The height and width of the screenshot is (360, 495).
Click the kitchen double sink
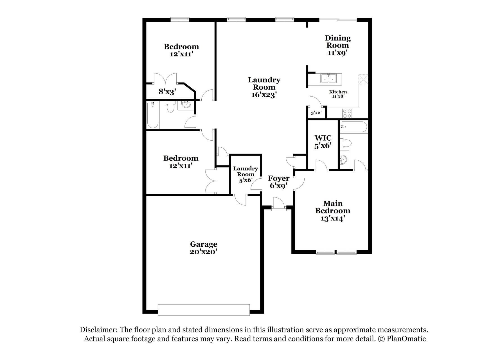(x=328, y=78)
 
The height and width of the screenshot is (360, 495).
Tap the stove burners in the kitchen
(x=347, y=113)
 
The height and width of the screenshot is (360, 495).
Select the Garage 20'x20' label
(x=203, y=248)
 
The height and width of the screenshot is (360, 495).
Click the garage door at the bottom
(x=204, y=310)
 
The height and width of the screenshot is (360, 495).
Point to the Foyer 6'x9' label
(x=278, y=182)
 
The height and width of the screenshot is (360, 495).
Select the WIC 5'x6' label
(x=323, y=142)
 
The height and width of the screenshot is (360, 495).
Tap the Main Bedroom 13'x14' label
(x=333, y=211)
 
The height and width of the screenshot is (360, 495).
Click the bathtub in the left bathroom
(x=153, y=115)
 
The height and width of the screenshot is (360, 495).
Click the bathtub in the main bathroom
(x=353, y=127)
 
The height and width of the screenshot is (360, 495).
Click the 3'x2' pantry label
(x=316, y=113)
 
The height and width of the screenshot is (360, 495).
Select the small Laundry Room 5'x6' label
(x=245, y=174)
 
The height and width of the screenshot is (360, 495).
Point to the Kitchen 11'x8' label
(x=338, y=94)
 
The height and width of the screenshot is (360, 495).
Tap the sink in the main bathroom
(x=343, y=159)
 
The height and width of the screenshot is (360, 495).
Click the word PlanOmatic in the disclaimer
(x=406, y=339)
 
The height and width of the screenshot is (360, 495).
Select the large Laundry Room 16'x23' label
(x=264, y=87)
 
